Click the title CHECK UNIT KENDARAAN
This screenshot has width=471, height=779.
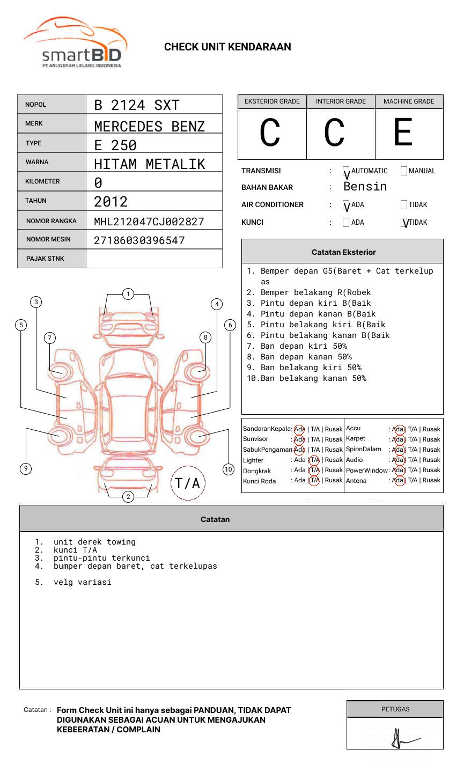(x=227, y=47)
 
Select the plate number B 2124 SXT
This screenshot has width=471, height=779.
(x=136, y=105)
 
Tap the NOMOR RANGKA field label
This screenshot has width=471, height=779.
(x=51, y=221)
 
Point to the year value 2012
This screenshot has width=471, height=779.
(x=111, y=202)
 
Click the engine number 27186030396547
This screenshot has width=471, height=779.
(x=139, y=240)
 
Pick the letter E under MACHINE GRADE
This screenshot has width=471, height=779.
(x=403, y=133)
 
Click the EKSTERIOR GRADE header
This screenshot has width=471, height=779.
(x=272, y=101)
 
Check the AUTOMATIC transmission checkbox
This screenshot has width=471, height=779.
(x=346, y=171)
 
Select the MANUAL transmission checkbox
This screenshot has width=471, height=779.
(x=404, y=171)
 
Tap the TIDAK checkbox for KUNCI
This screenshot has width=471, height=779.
(x=404, y=223)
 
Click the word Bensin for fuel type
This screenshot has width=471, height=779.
(x=365, y=187)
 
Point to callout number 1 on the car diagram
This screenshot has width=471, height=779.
(x=128, y=294)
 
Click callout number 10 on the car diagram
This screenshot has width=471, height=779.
(x=229, y=469)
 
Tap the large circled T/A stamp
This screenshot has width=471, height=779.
(x=188, y=483)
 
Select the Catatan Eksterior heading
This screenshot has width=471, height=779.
(x=343, y=252)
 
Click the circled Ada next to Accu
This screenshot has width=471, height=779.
(x=398, y=429)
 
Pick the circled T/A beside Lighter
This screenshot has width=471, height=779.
(x=314, y=460)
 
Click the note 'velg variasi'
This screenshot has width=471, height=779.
(x=82, y=582)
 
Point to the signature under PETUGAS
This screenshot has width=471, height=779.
(x=400, y=739)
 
